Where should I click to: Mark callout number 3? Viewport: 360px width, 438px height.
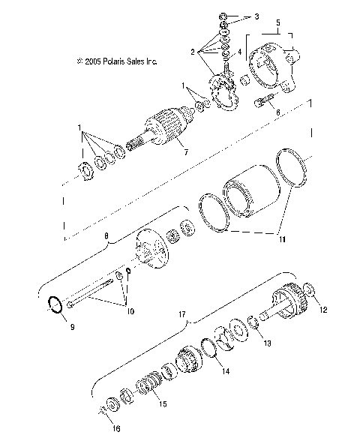click(x=256, y=16)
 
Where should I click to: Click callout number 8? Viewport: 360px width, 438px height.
click(x=106, y=235)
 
